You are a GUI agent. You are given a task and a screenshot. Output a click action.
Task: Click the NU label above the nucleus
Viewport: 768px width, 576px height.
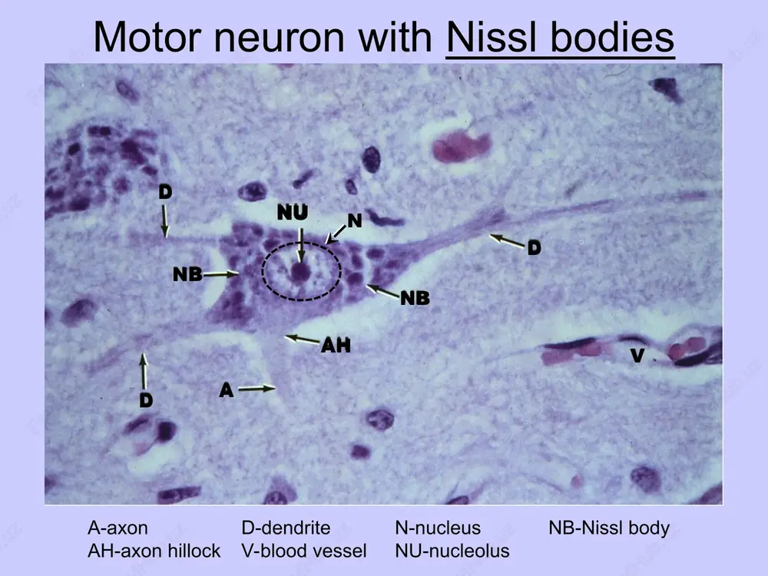coord(293,213)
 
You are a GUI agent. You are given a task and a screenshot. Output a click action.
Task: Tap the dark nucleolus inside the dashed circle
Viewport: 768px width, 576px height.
coord(300,273)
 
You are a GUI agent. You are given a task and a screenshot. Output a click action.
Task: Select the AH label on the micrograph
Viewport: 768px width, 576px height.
coord(336,346)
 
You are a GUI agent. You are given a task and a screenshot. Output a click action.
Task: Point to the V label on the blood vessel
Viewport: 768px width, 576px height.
coord(637,355)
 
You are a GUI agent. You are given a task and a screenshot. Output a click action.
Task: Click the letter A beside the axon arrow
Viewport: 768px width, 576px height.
coord(227,390)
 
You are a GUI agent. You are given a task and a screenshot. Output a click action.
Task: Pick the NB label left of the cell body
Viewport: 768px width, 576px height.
coord(187,274)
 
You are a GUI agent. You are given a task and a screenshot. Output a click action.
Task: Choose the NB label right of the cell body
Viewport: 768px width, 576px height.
coord(415,298)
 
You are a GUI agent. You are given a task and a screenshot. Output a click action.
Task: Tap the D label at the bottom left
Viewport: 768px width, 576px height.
coord(146,401)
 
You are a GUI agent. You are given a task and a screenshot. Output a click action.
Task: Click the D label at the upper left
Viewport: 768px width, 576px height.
coord(165,192)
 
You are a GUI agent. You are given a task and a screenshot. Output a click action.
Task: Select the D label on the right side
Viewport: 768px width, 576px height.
coord(535,248)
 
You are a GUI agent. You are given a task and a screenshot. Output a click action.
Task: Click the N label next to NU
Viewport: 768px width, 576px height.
coord(355,221)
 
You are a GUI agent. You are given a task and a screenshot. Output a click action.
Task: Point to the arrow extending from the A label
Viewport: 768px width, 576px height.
coord(257,389)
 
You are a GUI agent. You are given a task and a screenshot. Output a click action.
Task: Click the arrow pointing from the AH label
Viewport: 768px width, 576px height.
coord(302,339)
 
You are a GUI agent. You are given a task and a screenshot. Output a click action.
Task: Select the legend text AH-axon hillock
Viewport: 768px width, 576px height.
coord(154,551)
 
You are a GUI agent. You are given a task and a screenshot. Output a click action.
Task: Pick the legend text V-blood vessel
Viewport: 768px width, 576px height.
coord(303,551)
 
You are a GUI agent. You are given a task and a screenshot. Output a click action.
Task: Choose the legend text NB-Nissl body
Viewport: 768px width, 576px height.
coord(609,528)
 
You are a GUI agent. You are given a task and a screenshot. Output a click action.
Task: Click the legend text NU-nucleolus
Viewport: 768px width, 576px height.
coord(452,551)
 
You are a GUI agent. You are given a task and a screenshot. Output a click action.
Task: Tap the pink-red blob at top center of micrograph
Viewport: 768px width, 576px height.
coord(461,146)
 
